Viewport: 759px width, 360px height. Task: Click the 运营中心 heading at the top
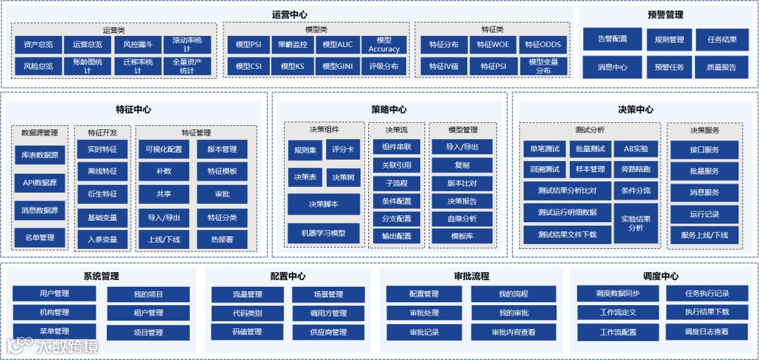tap(289, 14)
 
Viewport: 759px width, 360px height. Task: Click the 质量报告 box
tap(722, 67)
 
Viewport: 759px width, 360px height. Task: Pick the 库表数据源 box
tap(41, 155)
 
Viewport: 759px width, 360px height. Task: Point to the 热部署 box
tap(222, 240)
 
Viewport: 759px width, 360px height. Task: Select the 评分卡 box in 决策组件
tap(344, 150)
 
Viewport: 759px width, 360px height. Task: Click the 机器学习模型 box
tap(323, 233)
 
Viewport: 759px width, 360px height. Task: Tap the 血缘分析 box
tap(462, 219)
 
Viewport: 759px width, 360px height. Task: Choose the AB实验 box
tap(635, 149)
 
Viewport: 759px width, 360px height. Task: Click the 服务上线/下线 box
tap(704, 235)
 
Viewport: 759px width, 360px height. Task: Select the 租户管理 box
tap(148, 313)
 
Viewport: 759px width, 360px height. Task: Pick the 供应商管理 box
tap(328, 332)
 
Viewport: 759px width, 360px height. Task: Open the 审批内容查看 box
tap(513, 332)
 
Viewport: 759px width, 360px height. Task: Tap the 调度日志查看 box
tap(706, 332)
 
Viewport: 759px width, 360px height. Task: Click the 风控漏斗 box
tap(137, 44)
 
